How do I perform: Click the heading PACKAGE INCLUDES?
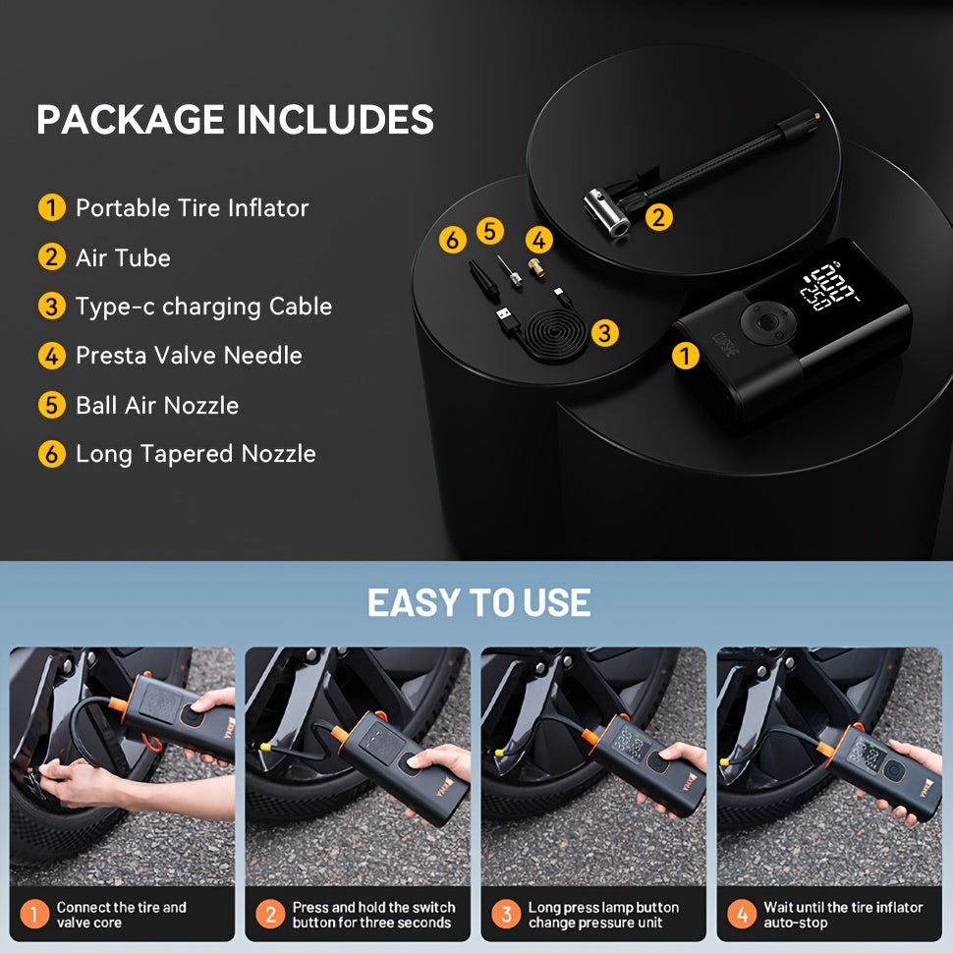coord(235,119)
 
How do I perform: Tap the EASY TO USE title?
coord(478,603)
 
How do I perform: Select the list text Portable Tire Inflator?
coord(192,208)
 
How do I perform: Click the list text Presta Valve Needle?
coord(189,356)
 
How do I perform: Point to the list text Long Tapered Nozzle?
coord(196,454)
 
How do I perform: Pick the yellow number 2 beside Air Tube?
coord(52,257)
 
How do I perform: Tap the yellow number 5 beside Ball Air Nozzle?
coord(52,405)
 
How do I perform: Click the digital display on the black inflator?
coord(829,286)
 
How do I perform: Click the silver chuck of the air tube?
coord(605,213)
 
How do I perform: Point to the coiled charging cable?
coord(555,334)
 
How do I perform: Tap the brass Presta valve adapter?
coord(535,267)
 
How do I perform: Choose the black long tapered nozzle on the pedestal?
coord(483,280)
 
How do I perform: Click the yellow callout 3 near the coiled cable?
coord(605,332)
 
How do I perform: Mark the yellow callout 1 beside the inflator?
coord(685,357)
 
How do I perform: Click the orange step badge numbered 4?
coord(742,914)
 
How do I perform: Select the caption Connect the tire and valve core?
coord(122,915)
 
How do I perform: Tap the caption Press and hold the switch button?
coord(373,915)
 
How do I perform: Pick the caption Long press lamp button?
coord(603,908)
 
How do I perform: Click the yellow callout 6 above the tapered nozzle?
coord(453,240)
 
